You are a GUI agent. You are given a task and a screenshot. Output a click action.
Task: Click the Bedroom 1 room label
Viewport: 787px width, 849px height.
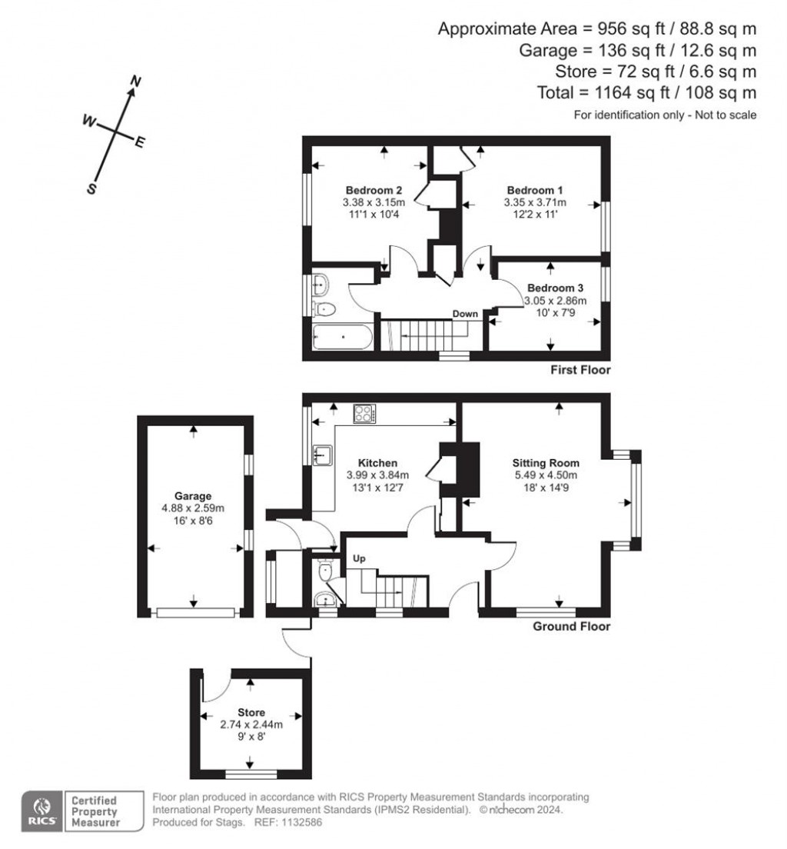coord(534,190)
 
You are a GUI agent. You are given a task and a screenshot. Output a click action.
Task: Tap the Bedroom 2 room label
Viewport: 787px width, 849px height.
coord(374,190)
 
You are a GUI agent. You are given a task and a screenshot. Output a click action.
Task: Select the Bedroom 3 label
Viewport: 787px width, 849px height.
coord(556,288)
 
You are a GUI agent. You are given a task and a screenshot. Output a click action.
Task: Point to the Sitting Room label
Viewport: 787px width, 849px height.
coord(546,463)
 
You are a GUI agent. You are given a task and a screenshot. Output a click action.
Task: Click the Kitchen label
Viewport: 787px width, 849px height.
coord(378,463)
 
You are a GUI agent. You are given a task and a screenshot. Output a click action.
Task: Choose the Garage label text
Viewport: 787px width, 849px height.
coord(193,496)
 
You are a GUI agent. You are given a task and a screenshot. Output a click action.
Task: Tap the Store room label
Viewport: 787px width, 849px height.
coord(251,713)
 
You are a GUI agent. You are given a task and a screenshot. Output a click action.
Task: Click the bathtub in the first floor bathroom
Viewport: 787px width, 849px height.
coord(343,337)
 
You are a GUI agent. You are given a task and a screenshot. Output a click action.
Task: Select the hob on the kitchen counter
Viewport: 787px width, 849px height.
coord(364,415)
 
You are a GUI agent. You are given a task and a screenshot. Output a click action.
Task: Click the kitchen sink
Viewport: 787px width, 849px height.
coord(323,454)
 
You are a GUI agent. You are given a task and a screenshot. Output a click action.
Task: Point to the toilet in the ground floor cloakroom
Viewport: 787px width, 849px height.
coord(325,571)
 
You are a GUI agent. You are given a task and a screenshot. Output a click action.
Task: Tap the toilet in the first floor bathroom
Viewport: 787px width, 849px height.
coord(324,309)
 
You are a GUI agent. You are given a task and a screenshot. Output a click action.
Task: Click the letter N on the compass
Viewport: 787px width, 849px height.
coord(136,82)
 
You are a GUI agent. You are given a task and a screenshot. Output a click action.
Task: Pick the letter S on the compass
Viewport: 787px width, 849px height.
coord(92,188)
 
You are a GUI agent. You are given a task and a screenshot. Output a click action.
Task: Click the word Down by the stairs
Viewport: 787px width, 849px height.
coord(465,314)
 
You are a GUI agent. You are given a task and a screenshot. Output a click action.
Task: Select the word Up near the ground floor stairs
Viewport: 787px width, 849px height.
coord(359,559)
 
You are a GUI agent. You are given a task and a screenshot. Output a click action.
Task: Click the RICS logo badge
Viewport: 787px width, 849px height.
coord(42,811)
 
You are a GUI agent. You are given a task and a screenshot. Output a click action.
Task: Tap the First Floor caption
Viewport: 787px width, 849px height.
coord(580,370)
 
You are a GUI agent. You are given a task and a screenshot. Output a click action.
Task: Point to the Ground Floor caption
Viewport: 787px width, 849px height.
coord(572,627)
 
